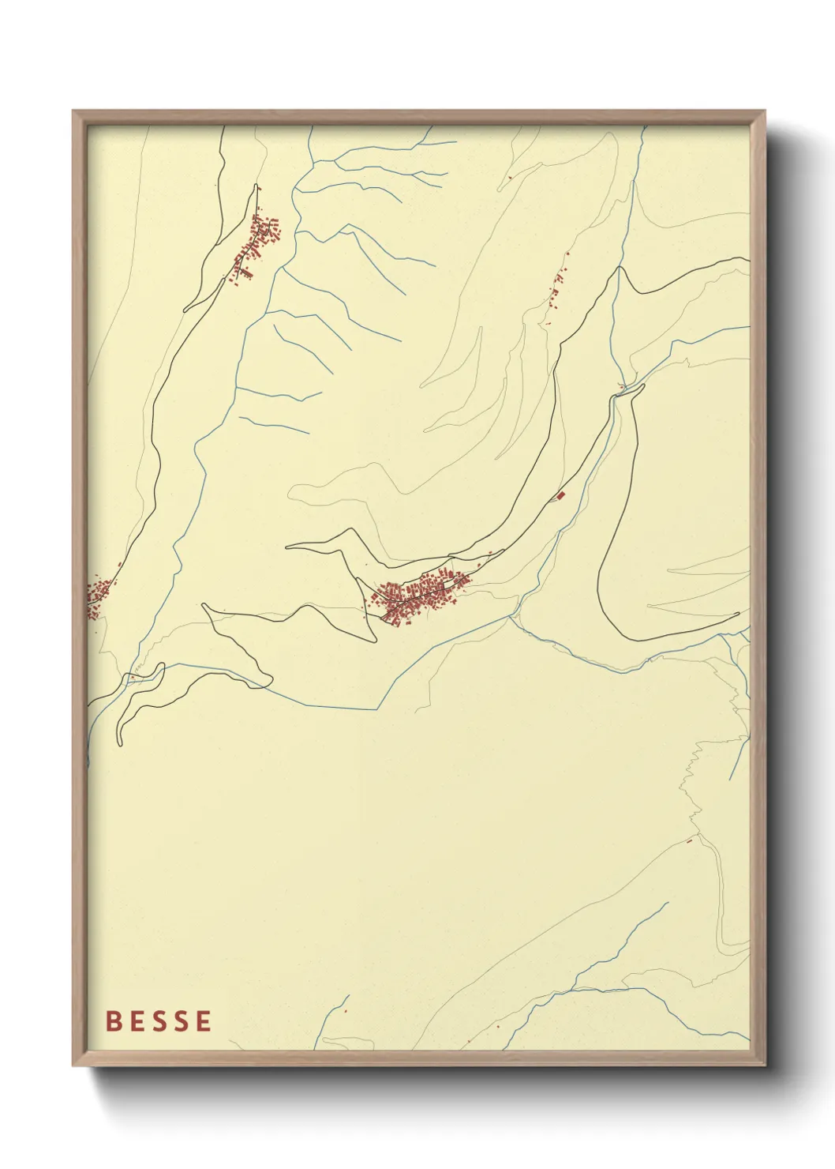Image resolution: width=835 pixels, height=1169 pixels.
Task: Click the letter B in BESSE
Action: [114, 1021]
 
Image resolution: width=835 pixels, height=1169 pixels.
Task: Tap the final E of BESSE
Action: [204, 1021]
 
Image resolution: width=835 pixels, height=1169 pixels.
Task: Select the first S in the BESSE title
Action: [158, 1021]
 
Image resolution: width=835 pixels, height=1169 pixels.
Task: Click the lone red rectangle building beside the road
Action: [561, 495]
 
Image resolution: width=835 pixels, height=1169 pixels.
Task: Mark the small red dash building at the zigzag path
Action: [689, 840]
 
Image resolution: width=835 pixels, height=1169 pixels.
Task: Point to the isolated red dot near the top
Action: [511, 177]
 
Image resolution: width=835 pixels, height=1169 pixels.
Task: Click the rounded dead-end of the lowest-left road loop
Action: [120, 741]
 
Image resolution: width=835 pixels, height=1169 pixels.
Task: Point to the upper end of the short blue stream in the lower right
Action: [667, 903]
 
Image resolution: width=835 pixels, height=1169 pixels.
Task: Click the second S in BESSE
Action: [180, 1021]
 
